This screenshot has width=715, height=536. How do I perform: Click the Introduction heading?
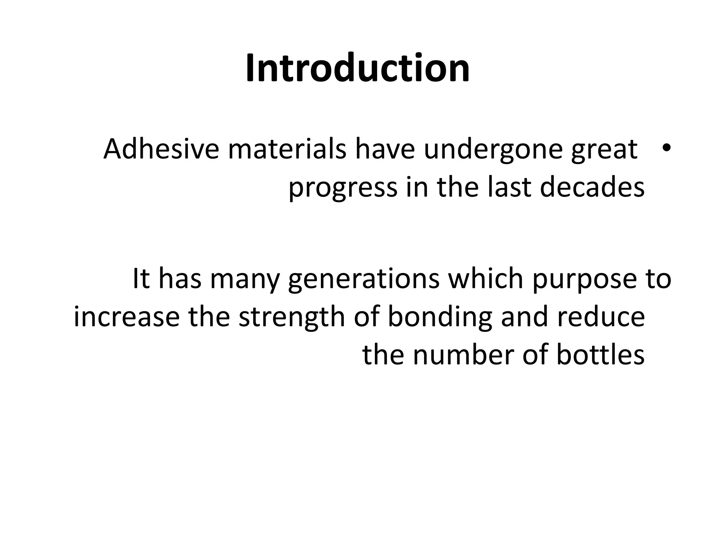tap(357, 68)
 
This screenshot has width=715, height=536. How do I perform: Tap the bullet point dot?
tap(665, 148)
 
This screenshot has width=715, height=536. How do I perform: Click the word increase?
tap(127, 317)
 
